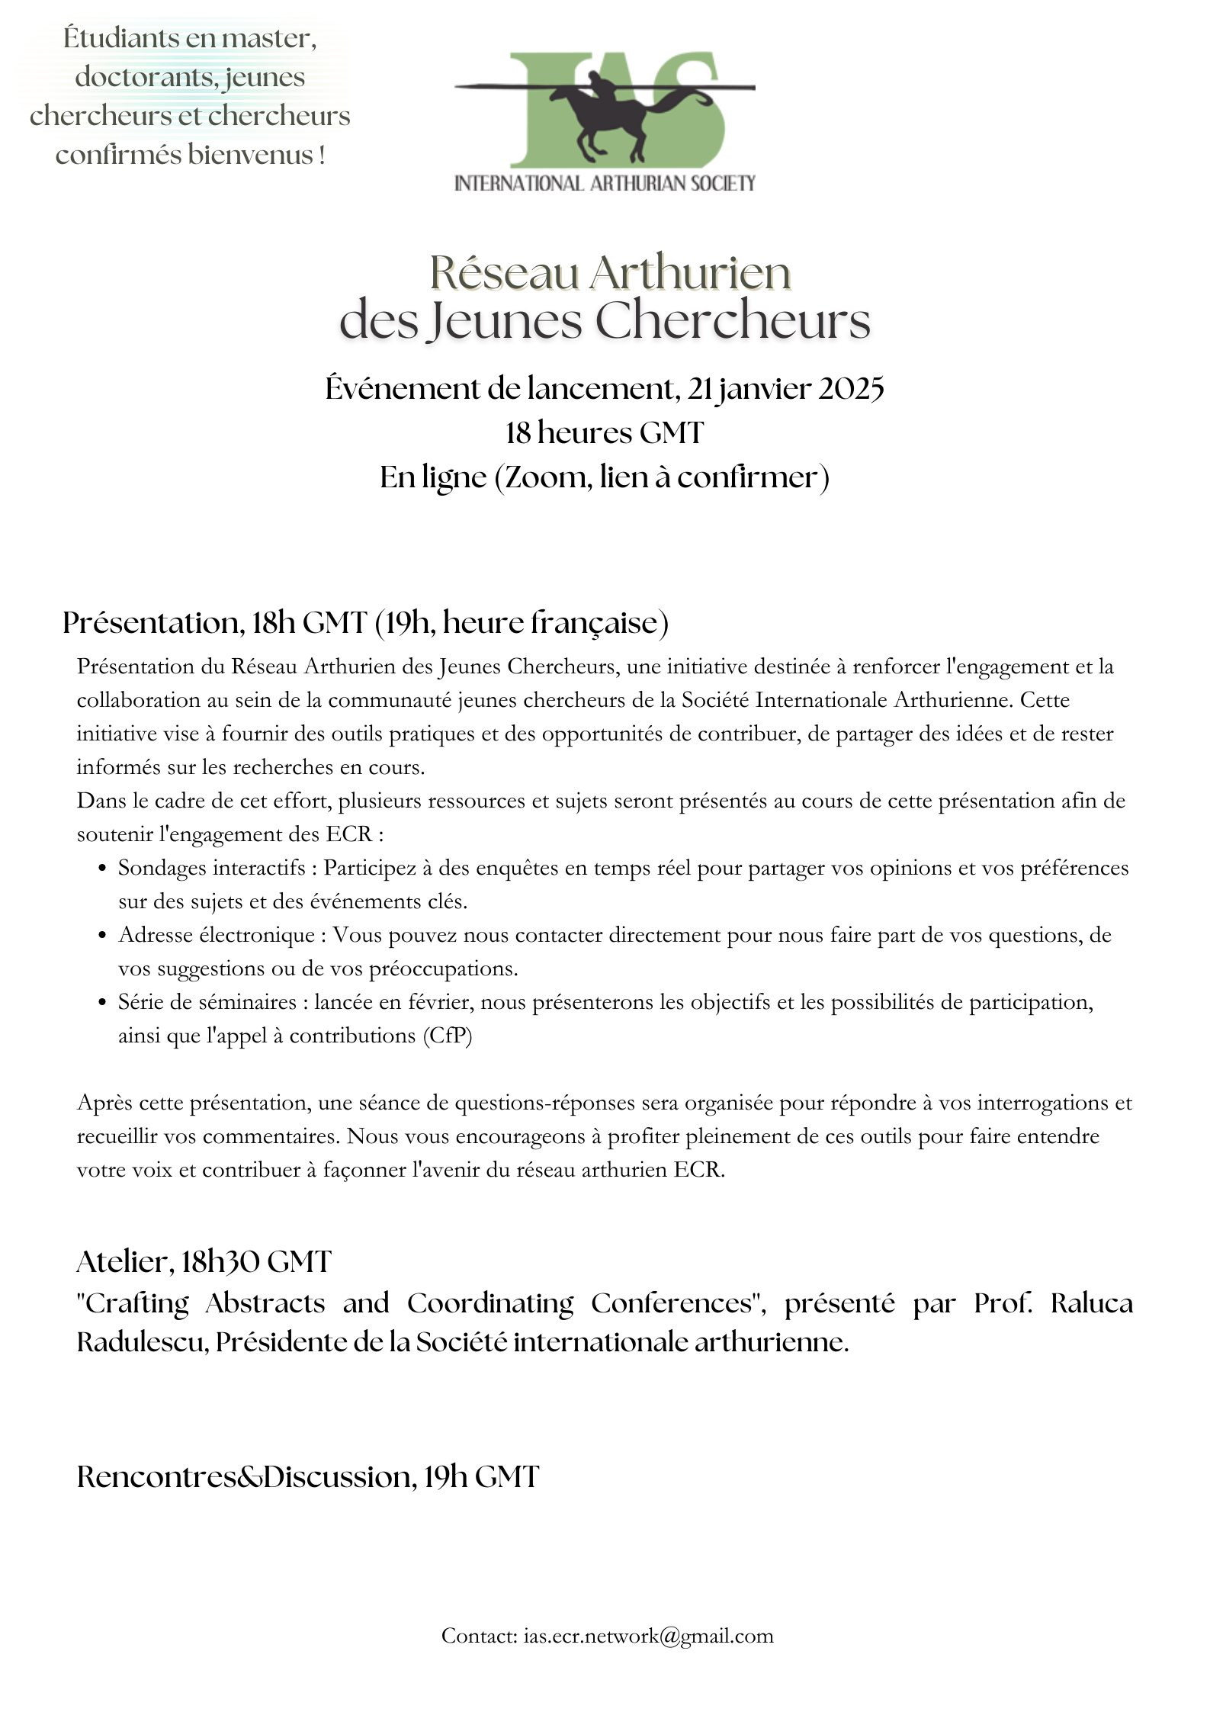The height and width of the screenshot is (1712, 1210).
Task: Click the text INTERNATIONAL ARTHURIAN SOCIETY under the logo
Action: coord(604,183)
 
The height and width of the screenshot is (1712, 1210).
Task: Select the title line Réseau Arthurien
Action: coord(610,272)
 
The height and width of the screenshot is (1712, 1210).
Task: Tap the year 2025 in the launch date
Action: coord(851,389)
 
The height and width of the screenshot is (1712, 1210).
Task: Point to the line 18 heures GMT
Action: coord(604,433)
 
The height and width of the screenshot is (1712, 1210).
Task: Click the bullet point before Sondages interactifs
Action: coord(102,869)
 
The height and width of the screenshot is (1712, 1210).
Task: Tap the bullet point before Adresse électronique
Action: coord(102,936)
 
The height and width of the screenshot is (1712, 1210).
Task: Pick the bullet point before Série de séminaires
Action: coord(102,1003)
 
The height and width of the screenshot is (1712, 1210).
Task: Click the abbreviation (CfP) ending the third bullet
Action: coord(448,1036)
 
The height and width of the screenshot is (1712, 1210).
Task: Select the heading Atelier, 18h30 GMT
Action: coord(204,1262)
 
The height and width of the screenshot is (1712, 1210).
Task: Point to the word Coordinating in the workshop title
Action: coord(489,1303)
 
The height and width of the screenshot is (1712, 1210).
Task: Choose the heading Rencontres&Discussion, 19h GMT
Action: coord(308,1477)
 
